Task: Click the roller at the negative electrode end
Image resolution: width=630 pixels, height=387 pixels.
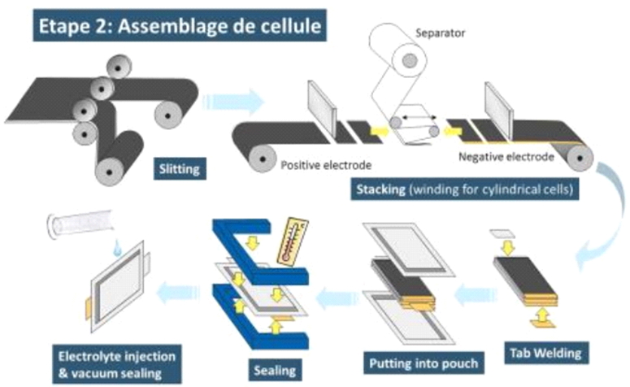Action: pyautogui.click(x=579, y=154)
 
